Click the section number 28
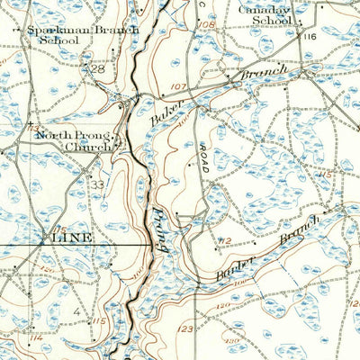click(98, 69)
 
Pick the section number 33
click(96, 184)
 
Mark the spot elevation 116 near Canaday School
click(310, 36)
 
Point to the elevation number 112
click(225, 239)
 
